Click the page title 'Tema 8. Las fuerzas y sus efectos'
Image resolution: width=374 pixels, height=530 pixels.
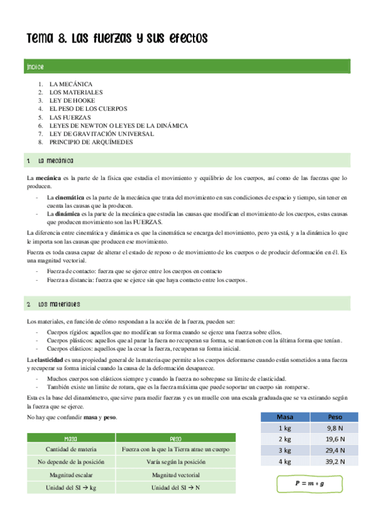(x=116, y=39)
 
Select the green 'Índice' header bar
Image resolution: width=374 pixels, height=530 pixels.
(x=187, y=66)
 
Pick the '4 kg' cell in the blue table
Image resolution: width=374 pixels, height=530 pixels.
(x=285, y=462)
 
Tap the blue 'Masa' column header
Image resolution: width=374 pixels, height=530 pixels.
(x=285, y=416)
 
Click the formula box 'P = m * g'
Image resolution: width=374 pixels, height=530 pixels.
(x=310, y=483)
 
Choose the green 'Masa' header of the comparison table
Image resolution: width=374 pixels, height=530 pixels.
(x=75, y=438)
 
